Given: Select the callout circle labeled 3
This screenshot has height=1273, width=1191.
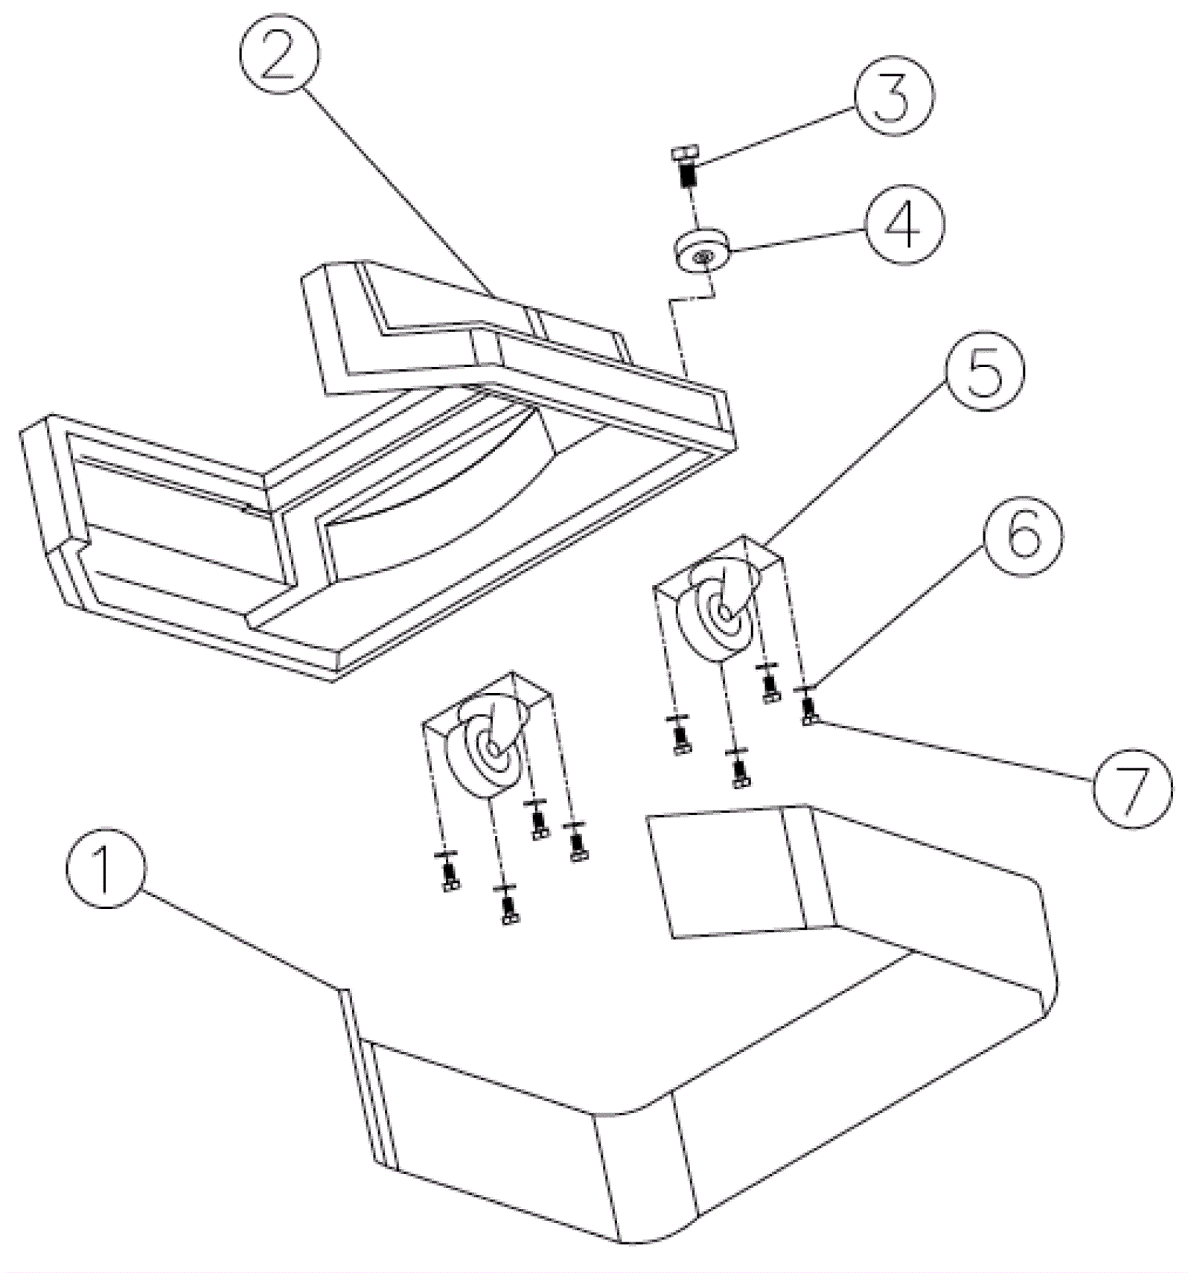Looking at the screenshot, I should pos(893,95).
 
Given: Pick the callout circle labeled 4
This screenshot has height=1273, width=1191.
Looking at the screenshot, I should pos(904,223).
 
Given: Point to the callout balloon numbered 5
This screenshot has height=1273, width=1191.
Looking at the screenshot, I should pos(985,370).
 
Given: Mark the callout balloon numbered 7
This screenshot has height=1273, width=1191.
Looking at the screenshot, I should pos(1131,786).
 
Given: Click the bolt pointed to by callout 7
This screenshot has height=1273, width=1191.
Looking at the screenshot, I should pos(808,710).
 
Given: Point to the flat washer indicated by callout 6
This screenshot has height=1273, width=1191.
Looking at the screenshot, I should pos(805,689).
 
